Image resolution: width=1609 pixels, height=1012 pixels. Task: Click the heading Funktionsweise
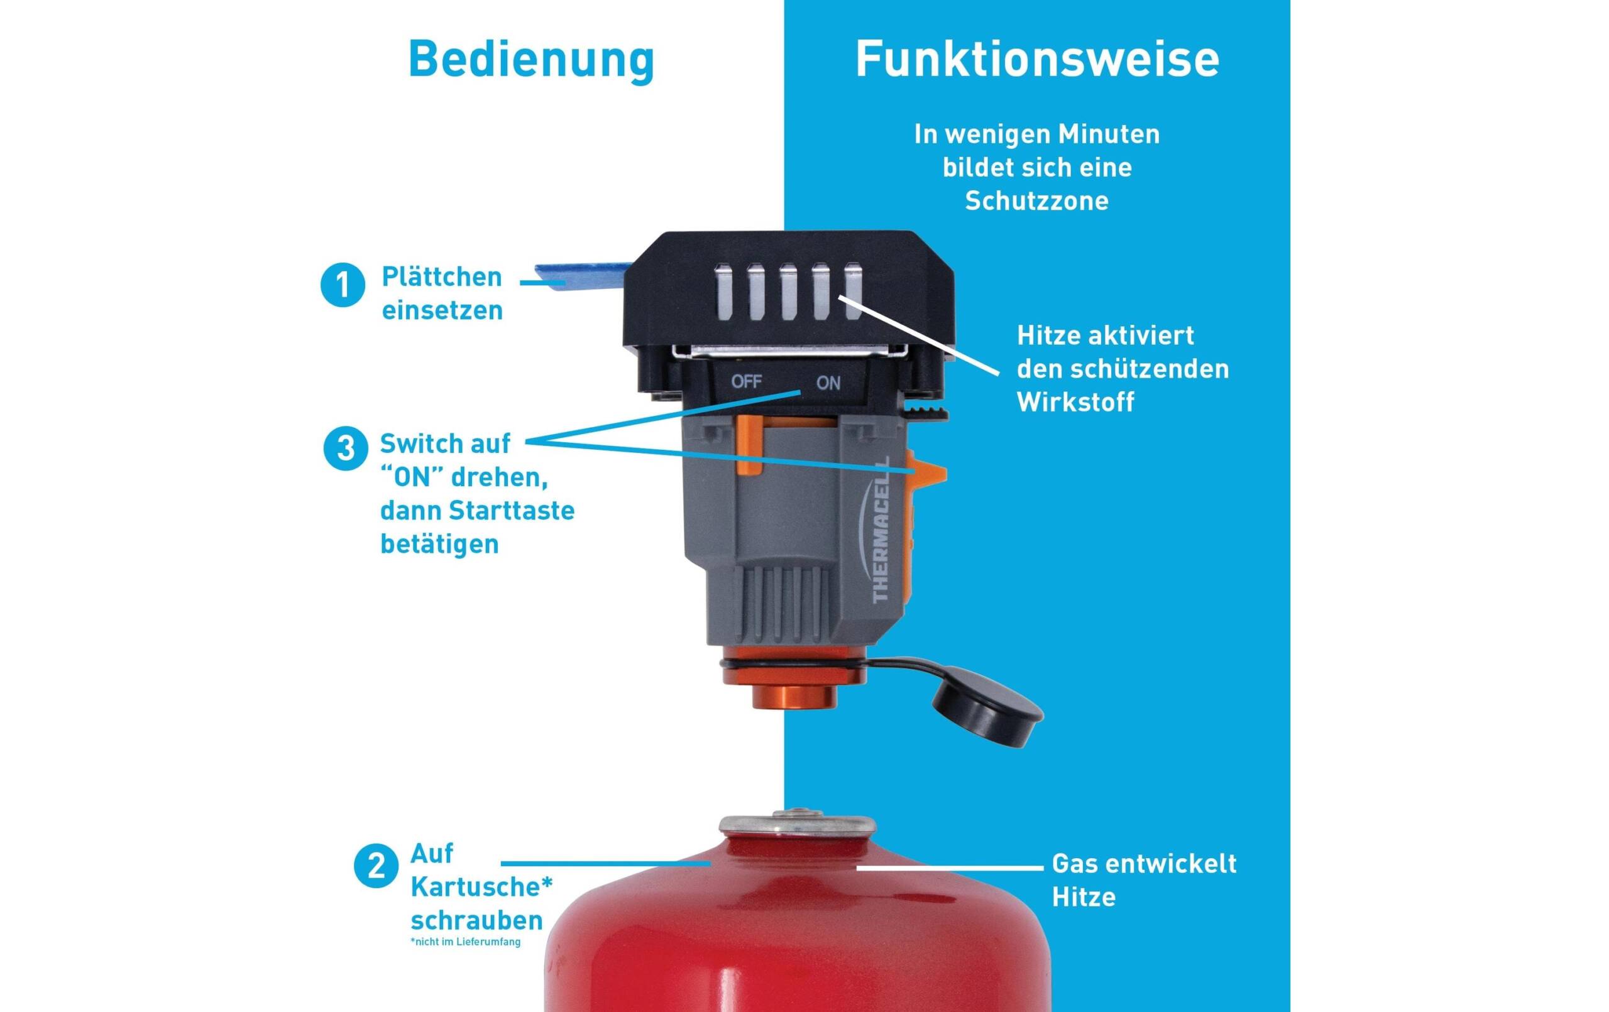click(x=1037, y=60)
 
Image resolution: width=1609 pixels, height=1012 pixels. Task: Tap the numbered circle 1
click(x=343, y=285)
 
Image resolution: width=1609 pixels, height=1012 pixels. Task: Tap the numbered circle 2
click(x=376, y=866)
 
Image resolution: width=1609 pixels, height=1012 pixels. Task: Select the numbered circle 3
click(x=346, y=449)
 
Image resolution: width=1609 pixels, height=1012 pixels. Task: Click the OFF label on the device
click(x=747, y=381)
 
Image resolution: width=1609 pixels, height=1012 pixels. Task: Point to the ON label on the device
click(x=828, y=383)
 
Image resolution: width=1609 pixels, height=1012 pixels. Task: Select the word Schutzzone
click(x=1036, y=200)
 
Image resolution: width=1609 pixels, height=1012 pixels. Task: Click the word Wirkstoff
click(x=1076, y=402)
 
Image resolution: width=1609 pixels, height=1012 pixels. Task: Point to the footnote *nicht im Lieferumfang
click(x=465, y=942)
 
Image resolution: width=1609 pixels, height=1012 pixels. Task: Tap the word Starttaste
click(x=511, y=510)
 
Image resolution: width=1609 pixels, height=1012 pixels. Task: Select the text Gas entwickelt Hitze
click(x=1144, y=879)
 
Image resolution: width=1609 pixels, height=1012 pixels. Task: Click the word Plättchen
click(x=442, y=276)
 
